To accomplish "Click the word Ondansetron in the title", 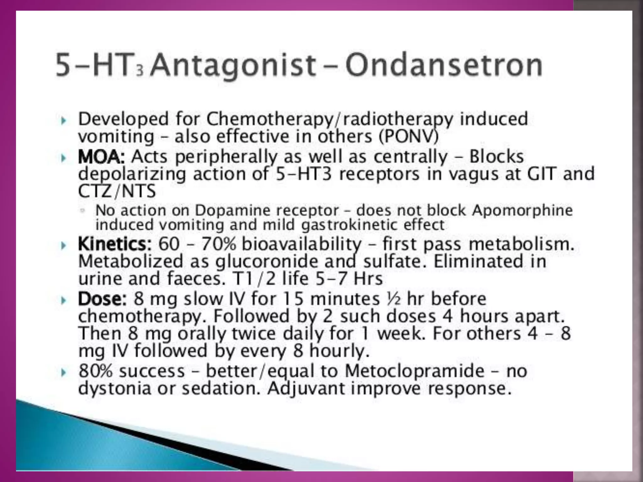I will pos(444,66).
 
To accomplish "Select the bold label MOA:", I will pos(101,157).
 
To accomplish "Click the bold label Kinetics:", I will pos(115,244).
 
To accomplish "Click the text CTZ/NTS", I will pos(117,191).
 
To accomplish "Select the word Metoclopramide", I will pos(414,371).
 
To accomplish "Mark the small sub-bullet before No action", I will pos(83,211).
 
